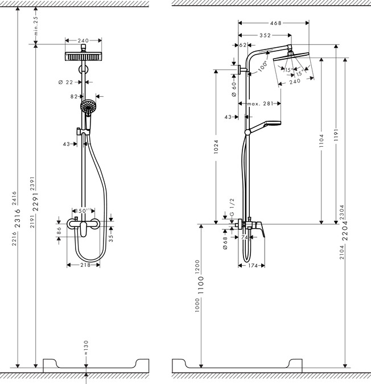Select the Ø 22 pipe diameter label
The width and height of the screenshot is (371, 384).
[x=66, y=82]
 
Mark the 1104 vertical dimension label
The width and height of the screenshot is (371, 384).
[x=321, y=141]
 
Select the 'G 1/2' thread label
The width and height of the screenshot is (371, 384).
[x=232, y=208]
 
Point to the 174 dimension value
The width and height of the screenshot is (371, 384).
[x=254, y=266]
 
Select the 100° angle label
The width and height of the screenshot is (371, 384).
[x=262, y=65]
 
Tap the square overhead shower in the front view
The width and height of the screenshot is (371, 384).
[x=84, y=57]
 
